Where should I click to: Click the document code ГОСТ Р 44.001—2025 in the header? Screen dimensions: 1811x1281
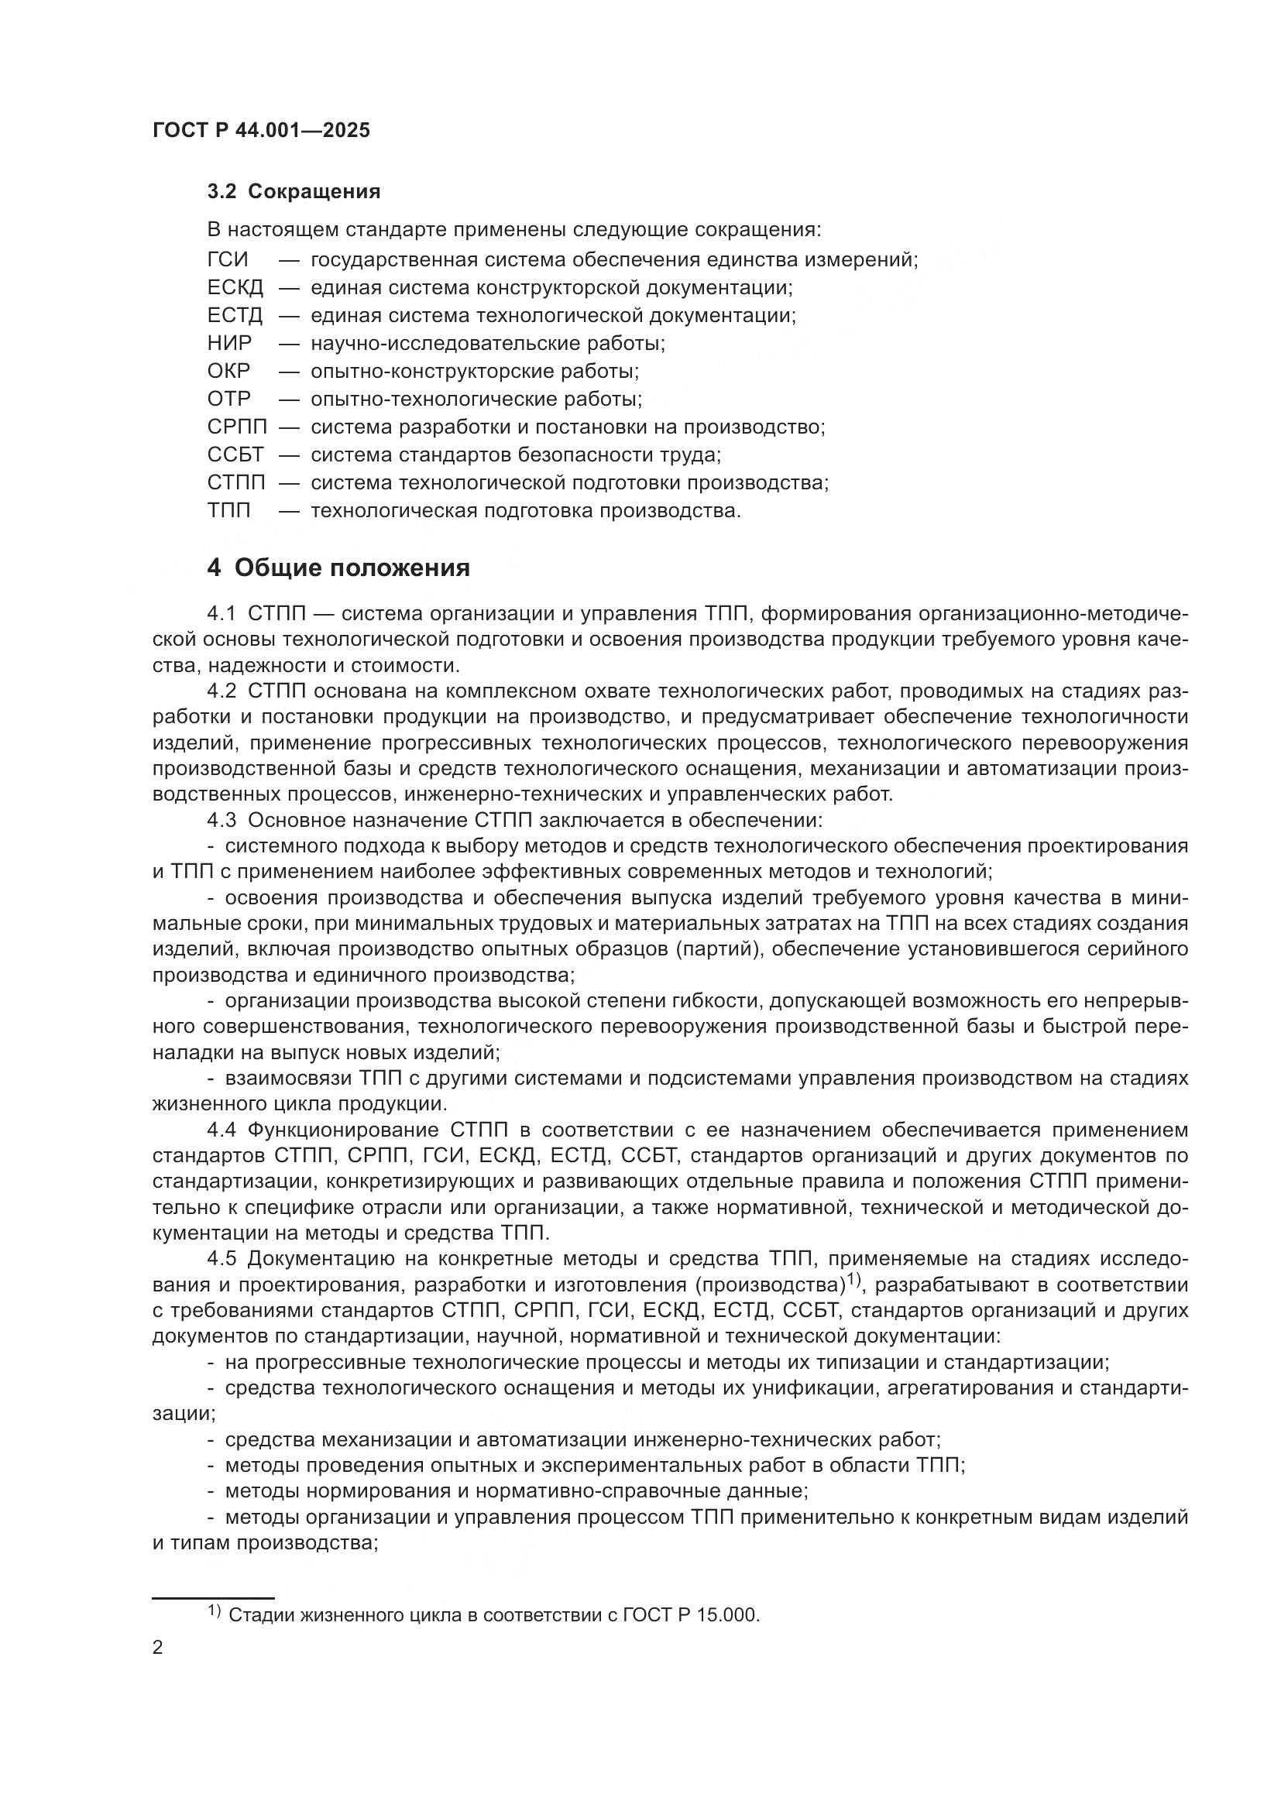tap(261, 131)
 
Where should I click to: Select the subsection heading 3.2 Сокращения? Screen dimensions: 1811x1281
tap(294, 192)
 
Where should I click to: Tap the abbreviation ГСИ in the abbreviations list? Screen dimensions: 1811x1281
tap(228, 259)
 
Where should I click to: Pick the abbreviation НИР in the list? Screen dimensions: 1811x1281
tap(229, 343)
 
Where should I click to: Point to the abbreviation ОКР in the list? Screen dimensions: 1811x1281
tap(228, 371)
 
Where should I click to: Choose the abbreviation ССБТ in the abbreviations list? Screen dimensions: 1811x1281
tap(236, 454)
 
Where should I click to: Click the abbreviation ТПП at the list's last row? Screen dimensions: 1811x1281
tap(228, 510)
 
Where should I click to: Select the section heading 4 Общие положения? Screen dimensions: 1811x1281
tap(338, 568)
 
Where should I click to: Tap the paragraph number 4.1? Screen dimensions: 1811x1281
tap(222, 614)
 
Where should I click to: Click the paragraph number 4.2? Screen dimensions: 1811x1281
tap(222, 691)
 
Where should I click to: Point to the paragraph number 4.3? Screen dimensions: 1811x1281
tap(222, 820)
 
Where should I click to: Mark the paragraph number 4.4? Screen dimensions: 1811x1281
tap(222, 1130)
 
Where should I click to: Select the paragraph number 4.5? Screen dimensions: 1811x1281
tap(222, 1260)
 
